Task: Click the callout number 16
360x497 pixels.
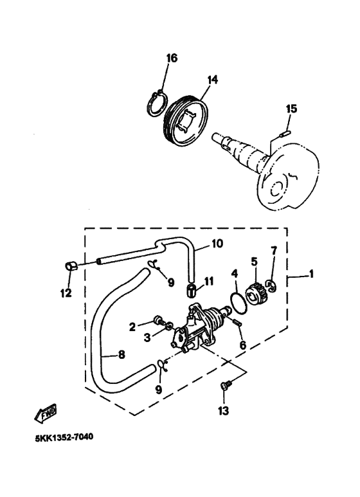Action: click(172, 59)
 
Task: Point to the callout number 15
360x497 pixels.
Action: click(292, 109)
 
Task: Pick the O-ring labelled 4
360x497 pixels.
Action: click(238, 303)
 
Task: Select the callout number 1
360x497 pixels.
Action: click(312, 274)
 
